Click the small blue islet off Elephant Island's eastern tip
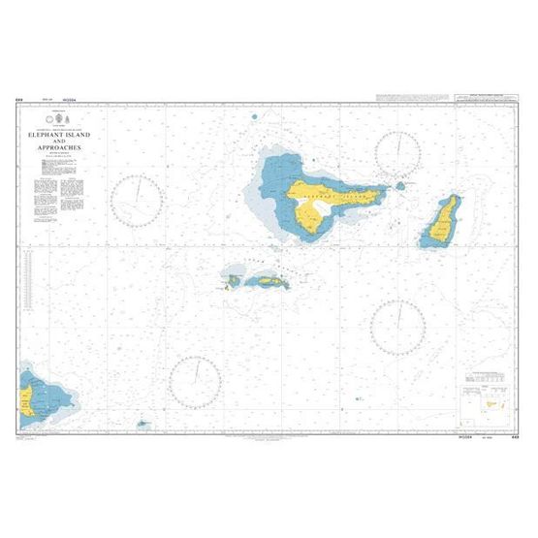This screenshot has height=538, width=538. (398, 185)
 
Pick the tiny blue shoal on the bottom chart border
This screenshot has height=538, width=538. (142, 424)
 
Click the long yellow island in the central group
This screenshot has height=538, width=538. (264, 281)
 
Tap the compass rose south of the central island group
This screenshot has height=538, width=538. (197, 377)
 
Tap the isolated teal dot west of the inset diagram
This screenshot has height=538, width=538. (358, 396)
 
